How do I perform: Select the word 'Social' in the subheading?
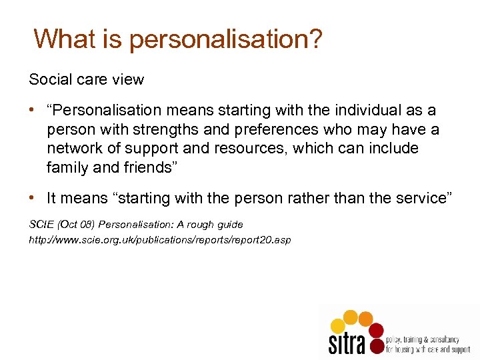coord(49,79)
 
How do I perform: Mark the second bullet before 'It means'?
coord(33,199)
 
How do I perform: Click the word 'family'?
coord(67,167)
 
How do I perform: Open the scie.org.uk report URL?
coord(160,239)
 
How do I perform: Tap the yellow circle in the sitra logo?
coord(339,325)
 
